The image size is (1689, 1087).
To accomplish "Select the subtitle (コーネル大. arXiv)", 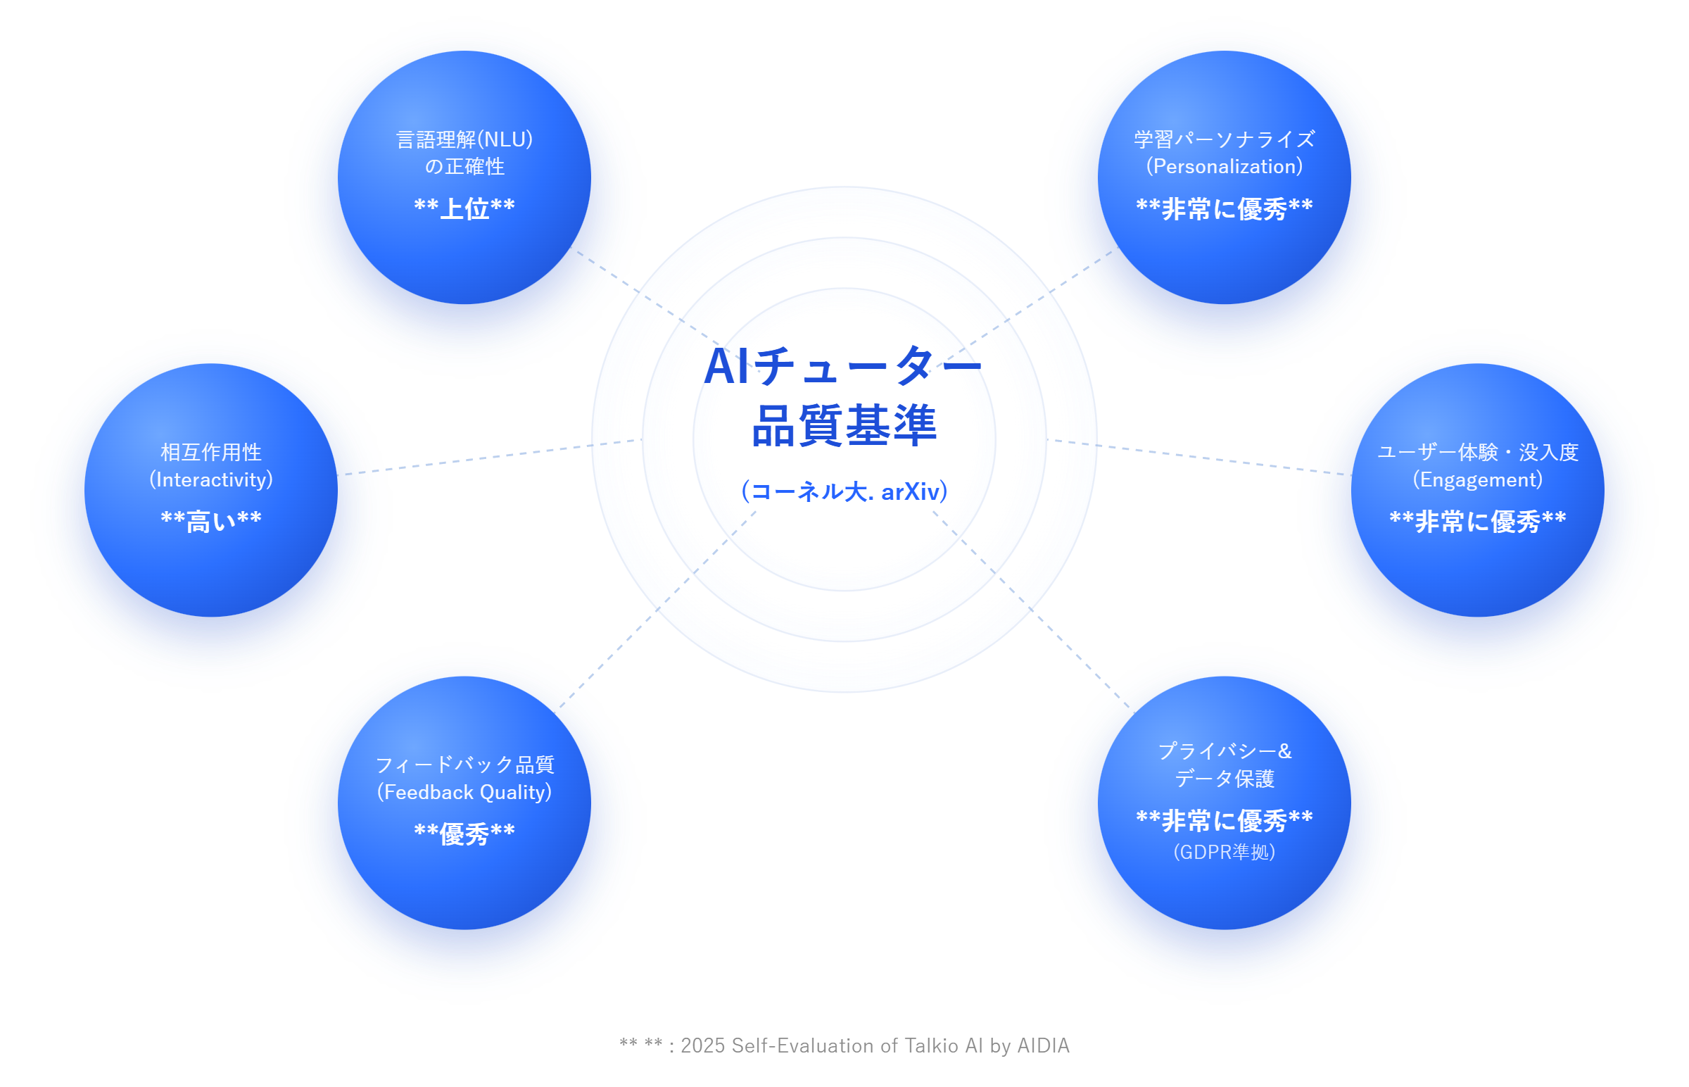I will pyautogui.click(x=844, y=491).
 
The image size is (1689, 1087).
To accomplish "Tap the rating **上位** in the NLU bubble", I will pyautogui.click(x=464, y=208).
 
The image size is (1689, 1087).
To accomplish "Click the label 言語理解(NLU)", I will pyautogui.click(x=464, y=140).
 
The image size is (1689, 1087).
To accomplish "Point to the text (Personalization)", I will pyautogui.click(x=1224, y=167).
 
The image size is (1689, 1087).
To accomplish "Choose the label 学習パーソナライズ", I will pyautogui.click(x=1224, y=139).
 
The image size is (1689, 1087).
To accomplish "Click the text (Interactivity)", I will pyautogui.click(x=211, y=480).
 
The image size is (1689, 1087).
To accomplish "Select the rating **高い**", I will pyautogui.click(x=211, y=521).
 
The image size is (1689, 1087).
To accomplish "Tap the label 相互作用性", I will pyautogui.click(x=211, y=452).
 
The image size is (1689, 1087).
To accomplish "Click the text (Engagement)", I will pyautogui.click(x=1477, y=480).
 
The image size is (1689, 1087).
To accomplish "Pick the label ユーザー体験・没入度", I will pyautogui.click(x=1477, y=452).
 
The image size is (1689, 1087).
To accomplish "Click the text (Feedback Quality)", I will pyautogui.click(x=464, y=792).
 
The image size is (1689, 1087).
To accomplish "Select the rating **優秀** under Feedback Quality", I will pyautogui.click(x=464, y=834).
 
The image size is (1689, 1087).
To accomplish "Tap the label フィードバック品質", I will pyautogui.click(x=464, y=765).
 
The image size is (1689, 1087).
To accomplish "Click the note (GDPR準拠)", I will pyautogui.click(x=1224, y=852).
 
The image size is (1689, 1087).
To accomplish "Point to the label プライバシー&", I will pyautogui.click(x=1224, y=751).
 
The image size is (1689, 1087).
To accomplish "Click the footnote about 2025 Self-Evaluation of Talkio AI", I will pyautogui.click(x=844, y=1045).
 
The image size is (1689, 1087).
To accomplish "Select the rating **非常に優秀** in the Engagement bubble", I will pyautogui.click(x=1477, y=522).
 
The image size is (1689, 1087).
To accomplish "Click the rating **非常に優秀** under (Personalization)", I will pyautogui.click(x=1224, y=209).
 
